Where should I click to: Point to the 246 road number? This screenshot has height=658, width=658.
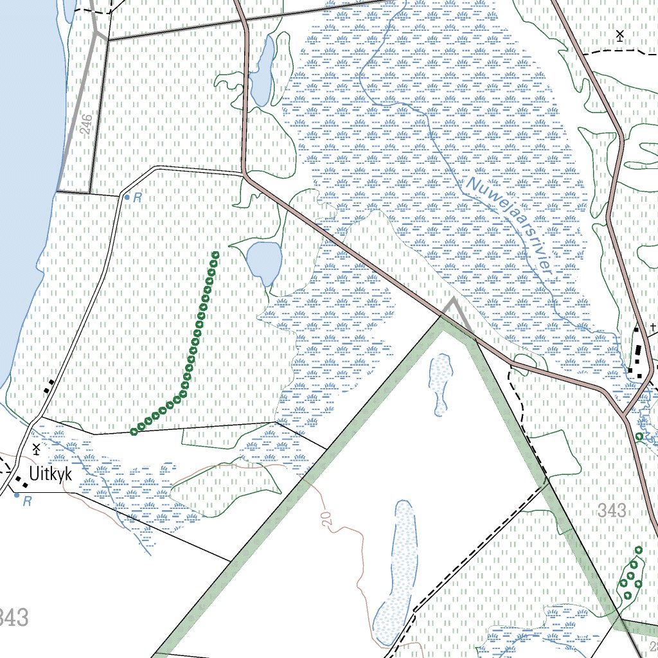coord(87,123)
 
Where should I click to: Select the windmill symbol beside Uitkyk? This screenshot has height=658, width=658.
coord(36,448)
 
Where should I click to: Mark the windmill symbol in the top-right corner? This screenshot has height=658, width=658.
coord(619,35)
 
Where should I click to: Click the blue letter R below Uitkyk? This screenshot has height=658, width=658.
coord(26,501)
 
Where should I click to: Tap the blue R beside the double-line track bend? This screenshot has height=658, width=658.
coord(137,198)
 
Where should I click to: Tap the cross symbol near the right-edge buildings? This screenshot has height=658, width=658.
coord(653,327)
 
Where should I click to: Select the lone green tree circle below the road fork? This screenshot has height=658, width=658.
coord(639,436)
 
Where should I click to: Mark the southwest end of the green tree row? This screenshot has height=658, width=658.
coord(134,431)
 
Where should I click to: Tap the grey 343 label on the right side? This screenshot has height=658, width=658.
coord(611,511)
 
